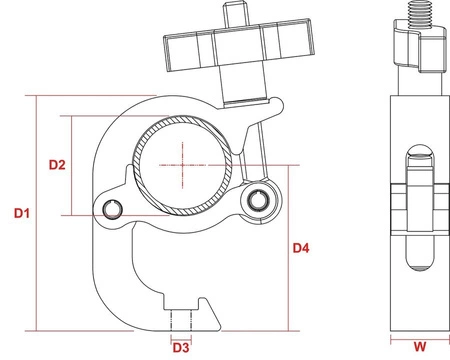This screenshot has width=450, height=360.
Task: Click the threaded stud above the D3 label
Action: (181, 321)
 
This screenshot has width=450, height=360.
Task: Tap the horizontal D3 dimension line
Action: (181, 338)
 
